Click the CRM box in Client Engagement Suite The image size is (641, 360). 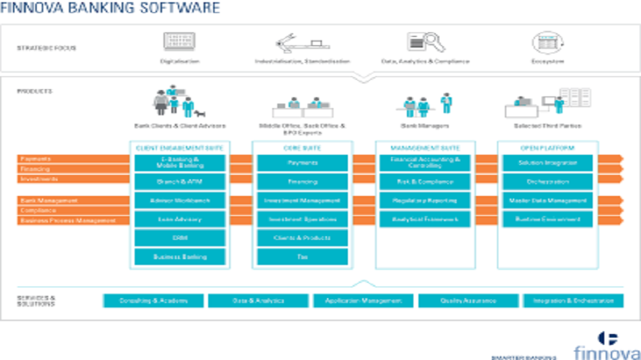(x=179, y=238)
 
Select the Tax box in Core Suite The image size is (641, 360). (x=302, y=256)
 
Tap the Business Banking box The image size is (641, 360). (x=179, y=256)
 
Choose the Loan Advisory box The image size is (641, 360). (x=179, y=219)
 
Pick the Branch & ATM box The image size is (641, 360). (x=179, y=181)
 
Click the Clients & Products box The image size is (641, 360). (x=302, y=238)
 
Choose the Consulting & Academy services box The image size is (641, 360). (x=153, y=301)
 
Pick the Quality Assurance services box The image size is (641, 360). (x=467, y=301)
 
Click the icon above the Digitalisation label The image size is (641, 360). (x=175, y=42)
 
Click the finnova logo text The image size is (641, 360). (x=601, y=353)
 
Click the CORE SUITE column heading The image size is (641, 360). (x=302, y=147)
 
